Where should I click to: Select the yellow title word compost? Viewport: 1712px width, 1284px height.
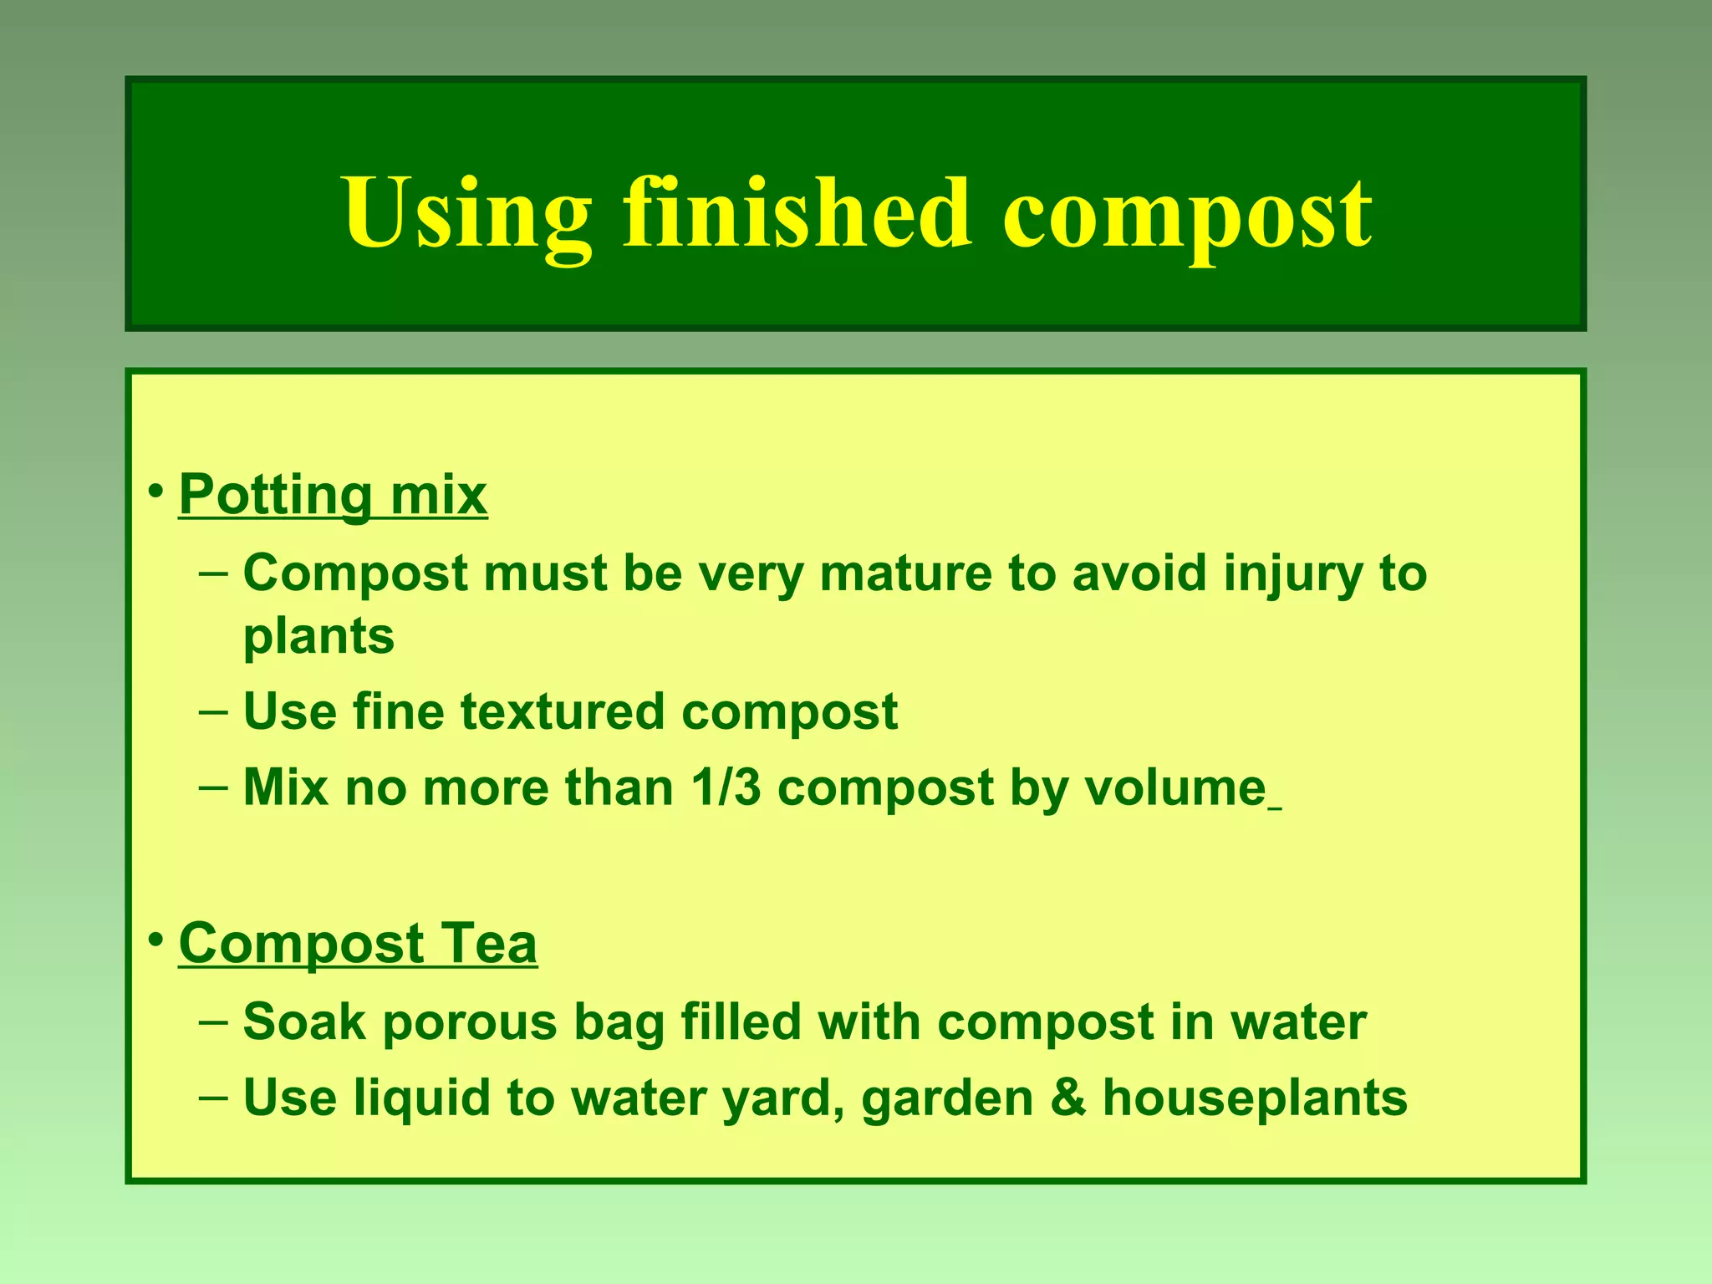click(1187, 216)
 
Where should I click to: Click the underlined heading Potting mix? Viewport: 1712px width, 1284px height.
click(333, 495)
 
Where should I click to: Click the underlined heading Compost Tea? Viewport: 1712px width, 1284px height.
click(358, 944)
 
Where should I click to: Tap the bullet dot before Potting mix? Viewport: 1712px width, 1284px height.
click(155, 492)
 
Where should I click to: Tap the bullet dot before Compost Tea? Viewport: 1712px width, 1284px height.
click(155, 940)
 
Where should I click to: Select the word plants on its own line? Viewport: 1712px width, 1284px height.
click(318, 637)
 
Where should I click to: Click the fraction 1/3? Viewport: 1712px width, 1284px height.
click(726, 787)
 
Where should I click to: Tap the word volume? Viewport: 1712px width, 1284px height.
click(1175, 787)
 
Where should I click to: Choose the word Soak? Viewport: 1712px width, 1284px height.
click(304, 1022)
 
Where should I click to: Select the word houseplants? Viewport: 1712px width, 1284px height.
click(1255, 1098)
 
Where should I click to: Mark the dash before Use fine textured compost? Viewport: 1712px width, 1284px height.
click(213, 712)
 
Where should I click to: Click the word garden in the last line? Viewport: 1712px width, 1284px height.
click(947, 1098)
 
